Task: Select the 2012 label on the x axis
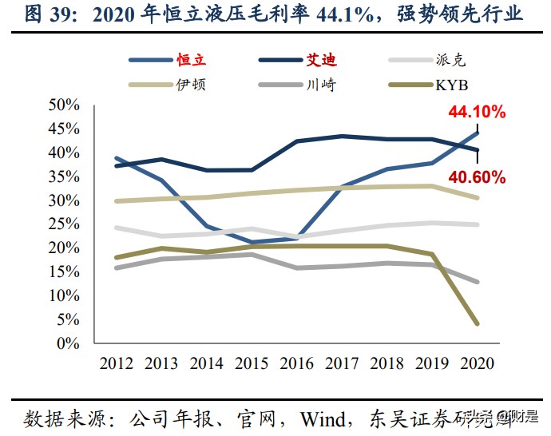click(117, 363)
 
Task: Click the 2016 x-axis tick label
click(297, 363)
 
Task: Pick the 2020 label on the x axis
click(477, 363)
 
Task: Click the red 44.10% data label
click(476, 113)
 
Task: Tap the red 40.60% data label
click(476, 177)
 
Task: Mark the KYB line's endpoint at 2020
click(478, 323)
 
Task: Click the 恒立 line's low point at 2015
click(252, 242)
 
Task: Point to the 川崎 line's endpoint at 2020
click(478, 282)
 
